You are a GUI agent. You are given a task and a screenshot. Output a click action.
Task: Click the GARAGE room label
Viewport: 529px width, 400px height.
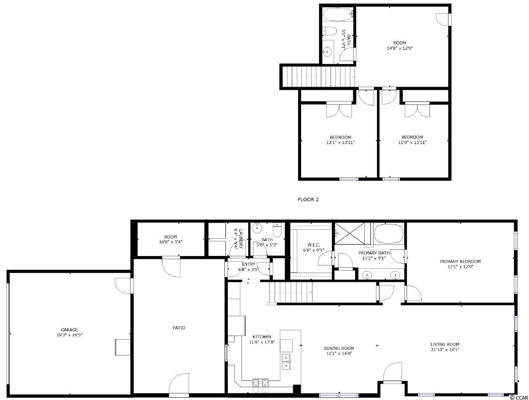pyautogui.click(x=69, y=330)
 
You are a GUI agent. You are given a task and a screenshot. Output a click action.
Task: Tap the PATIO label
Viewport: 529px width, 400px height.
pyautogui.click(x=179, y=328)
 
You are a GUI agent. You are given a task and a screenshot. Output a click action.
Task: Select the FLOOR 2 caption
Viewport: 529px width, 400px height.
pyautogui.click(x=308, y=199)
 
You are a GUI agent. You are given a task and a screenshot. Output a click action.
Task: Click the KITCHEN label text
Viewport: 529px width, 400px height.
pyautogui.click(x=262, y=336)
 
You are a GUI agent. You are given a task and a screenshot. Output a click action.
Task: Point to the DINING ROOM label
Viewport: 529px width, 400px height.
pyautogui.click(x=339, y=348)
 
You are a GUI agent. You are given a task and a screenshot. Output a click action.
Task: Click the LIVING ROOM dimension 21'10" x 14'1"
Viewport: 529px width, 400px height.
pyautogui.click(x=445, y=349)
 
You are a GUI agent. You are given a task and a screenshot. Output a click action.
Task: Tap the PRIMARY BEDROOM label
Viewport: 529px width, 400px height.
pyautogui.click(x=460, y=261)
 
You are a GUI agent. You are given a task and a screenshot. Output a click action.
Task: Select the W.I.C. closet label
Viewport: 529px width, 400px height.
pyautogui.click(x=314, y=245)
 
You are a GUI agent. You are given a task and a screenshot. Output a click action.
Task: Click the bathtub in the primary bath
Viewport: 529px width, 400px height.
pyautogui.click(x=389, y=233)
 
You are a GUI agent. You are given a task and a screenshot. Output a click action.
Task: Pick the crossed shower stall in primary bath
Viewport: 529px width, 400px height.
pyautogui.click(x=352, y=233)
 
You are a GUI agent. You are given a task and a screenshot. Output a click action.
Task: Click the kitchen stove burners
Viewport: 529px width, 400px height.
pyautogui.click(x=260, y=383)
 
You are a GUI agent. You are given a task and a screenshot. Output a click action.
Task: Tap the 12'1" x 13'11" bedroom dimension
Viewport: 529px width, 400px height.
pyautogui.click(x=340, y=143)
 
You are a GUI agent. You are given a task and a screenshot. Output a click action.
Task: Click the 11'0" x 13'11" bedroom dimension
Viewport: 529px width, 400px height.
pyautogui.click(x=412, y=143)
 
